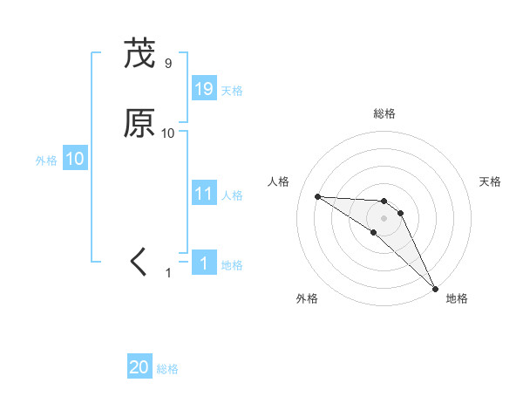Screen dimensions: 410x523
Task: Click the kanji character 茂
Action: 139,54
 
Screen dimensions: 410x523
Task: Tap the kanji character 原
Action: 139,123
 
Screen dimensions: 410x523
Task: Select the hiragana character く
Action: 139,262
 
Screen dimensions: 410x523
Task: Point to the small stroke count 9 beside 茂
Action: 168,64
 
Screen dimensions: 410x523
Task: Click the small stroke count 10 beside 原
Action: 168,133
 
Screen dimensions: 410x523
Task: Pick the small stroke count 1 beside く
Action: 169,273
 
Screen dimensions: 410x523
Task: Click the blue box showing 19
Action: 204,89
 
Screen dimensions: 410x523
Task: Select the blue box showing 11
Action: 204,194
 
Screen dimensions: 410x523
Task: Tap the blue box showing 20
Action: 139,368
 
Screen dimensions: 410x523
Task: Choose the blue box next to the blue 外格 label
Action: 75,160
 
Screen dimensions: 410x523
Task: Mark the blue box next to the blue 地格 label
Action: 204,263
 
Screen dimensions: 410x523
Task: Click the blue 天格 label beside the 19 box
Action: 232,91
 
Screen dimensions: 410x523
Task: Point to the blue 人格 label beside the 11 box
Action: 232,195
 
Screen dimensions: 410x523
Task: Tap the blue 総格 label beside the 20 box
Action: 167,370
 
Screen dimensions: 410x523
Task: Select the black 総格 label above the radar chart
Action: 384,113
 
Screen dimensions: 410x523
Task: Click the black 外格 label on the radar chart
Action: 307,298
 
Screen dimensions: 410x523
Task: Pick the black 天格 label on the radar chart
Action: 491,181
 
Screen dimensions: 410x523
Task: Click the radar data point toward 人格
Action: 317,196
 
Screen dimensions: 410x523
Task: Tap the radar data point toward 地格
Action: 436,287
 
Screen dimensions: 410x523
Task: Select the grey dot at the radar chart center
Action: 384,217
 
